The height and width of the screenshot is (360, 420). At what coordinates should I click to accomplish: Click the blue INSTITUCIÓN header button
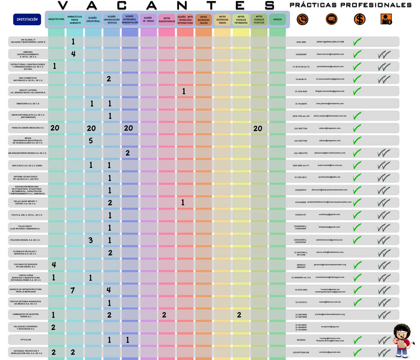click(27, 20)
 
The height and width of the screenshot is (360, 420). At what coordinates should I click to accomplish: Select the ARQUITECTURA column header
click(56, 20)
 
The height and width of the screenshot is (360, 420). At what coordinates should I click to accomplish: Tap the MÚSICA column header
click(277, 20)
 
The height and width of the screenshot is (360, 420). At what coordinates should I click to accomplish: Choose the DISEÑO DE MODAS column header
click(148, 20)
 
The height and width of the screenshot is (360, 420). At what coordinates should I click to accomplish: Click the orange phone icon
click(302, 19)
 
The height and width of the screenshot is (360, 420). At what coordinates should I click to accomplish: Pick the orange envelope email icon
click(331, 19)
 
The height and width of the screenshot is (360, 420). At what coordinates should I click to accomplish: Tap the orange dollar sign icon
click(359, 19)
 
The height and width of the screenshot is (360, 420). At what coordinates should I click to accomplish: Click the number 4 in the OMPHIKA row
click(73, 54)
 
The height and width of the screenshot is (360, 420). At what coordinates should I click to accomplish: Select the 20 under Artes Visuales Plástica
click(258, 128)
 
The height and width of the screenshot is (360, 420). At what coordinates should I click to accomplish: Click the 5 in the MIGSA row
click(91, 141)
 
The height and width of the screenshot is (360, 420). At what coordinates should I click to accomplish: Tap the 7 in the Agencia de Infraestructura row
click(72, 290)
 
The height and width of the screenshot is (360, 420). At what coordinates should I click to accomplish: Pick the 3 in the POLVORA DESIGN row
click(91, 240)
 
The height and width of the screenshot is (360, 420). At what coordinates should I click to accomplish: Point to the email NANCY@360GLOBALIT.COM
click(330, 42)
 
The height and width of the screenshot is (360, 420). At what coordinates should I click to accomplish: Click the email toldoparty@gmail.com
click(329, 227)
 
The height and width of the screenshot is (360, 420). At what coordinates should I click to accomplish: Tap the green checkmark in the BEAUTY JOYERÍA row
click(357, 91)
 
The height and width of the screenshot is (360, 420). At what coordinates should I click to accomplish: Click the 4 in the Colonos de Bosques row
click(54, 264)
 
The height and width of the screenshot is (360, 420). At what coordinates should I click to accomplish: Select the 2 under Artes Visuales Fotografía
click(239, 315)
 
